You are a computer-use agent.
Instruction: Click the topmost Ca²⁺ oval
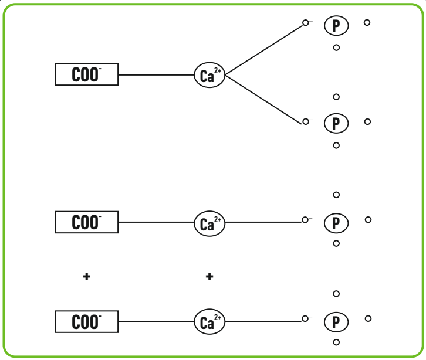point(209,75)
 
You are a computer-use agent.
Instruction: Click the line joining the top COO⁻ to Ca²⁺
point(156,75)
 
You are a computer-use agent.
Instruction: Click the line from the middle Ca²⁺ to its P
point(263,222)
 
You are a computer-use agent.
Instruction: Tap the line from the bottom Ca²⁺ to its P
point(263,321)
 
